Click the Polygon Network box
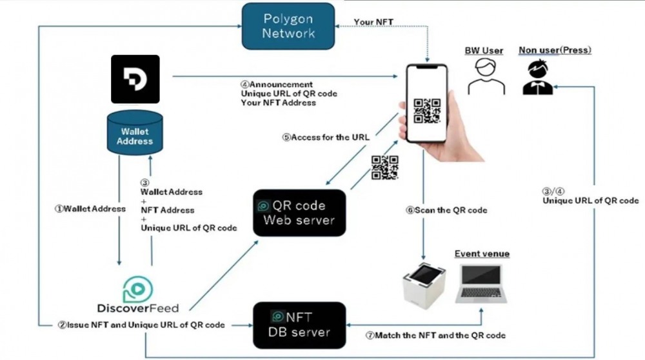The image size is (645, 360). [288, 26]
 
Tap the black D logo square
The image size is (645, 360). [135, 79]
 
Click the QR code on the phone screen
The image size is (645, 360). [426, 110]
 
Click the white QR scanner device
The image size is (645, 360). [424, 284]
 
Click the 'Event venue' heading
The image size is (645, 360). [482, 254]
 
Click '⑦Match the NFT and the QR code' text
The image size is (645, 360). [436, 335]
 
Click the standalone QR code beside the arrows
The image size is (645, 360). [384, 167]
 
